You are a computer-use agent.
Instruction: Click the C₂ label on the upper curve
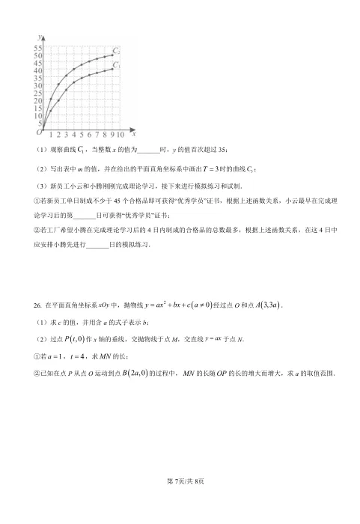tap(116, 51)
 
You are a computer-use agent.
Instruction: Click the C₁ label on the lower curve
tap(117, 67)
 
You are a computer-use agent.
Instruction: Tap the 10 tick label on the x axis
tap(122, 135)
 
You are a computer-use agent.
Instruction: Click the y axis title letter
tap(38, 36)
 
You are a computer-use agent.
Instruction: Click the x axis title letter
tap(133, 134)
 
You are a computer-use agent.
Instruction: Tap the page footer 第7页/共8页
tap(180, 501)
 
